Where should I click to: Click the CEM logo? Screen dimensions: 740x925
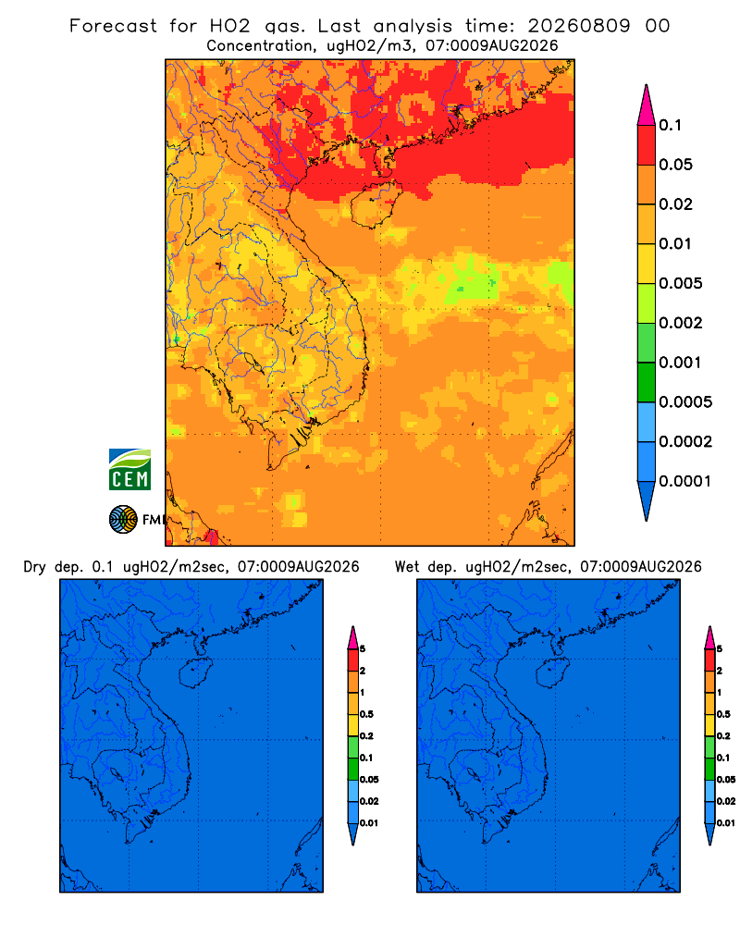pos(129,470)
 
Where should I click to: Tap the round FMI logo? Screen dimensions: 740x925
pos(123,519)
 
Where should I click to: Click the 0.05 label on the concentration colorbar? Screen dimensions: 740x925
pos(675,165)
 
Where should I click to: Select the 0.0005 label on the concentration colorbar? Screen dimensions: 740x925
pos(685,402)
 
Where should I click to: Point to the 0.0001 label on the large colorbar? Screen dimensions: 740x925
pos(685,481)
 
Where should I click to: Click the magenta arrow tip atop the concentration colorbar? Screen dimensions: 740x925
pos(647,105)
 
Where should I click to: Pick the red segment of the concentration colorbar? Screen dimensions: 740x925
pos(647,144)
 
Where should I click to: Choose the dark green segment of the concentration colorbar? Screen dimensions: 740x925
pos(647,382)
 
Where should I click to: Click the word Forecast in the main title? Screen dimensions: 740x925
pos(113,26)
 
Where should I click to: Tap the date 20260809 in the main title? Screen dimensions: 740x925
pos(579,26)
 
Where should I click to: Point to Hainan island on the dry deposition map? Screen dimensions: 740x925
pos(195,673)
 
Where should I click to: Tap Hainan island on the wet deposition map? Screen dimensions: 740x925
pos(553,673)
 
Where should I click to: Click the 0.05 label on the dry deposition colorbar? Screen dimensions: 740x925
pos(369,780)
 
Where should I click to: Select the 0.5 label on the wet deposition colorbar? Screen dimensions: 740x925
pos(723,714)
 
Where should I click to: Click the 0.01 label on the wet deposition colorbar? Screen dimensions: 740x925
pos(726,823)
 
